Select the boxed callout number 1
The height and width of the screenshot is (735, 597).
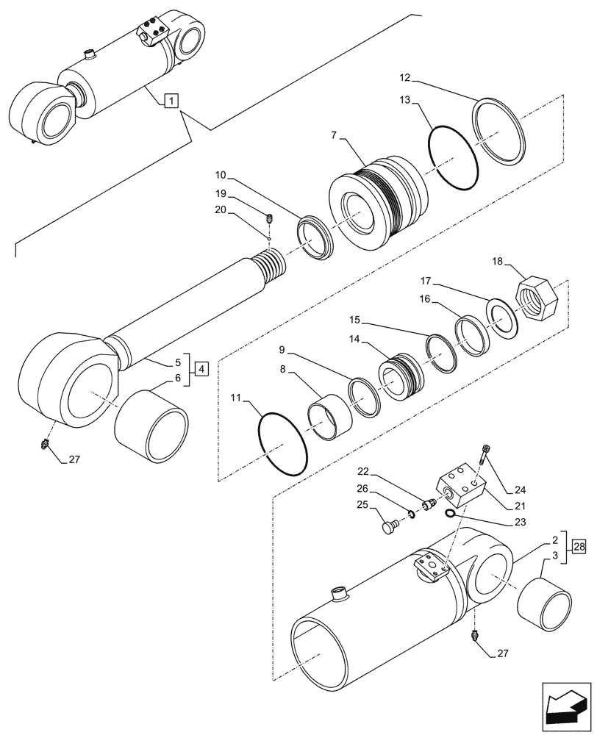click(170, 101)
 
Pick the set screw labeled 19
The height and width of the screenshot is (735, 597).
click(269, 218)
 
